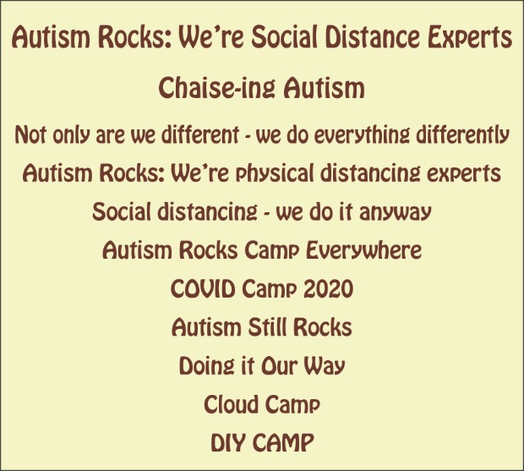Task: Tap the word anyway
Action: point(396,212)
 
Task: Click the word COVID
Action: point(203,288)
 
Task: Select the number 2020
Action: point(328,288)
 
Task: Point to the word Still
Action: point(267,326)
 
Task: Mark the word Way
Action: point(324,365)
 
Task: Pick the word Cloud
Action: point(230,404)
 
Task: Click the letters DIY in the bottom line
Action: point(228,442)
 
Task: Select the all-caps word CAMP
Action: point(283,442)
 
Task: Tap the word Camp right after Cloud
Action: point(292,404)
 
